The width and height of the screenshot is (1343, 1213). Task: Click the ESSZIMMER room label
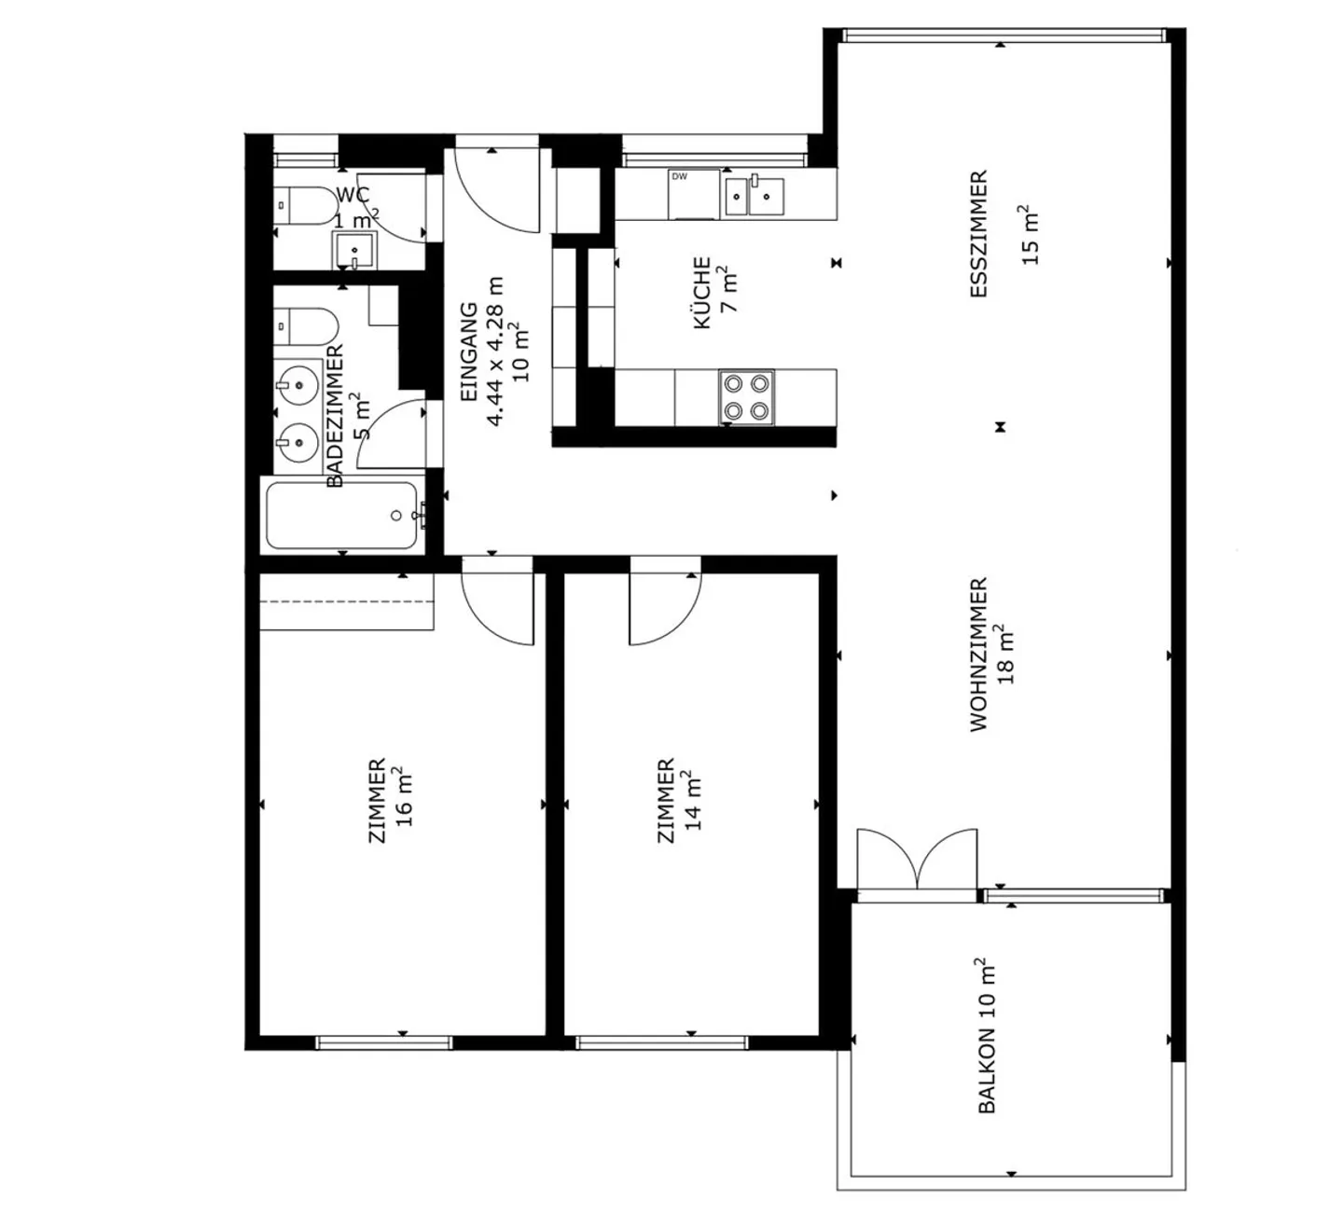[x=978, y=234]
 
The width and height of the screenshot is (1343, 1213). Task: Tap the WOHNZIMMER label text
[x=978, y=655]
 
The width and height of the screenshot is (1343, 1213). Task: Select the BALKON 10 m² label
[x=987, y=1035]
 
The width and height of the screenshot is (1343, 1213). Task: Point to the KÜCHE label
[x=702, y=293]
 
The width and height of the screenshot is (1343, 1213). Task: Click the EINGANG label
[x=469, y=351]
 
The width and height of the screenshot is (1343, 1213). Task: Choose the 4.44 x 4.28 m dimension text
[x=495, y=351]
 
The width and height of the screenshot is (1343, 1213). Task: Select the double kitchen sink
[x=754, y=195]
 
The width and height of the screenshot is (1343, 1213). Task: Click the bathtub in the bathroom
[x=342, y=516]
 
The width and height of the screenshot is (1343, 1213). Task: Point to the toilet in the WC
[x=305, y=205]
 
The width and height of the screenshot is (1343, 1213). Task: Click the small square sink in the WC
[x=353, y=250]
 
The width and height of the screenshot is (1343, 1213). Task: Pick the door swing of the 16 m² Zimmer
[x=497, y=606]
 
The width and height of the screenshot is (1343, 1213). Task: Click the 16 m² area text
[x=403, y=798]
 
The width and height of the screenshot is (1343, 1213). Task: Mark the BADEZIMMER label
[x=336, y=415]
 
